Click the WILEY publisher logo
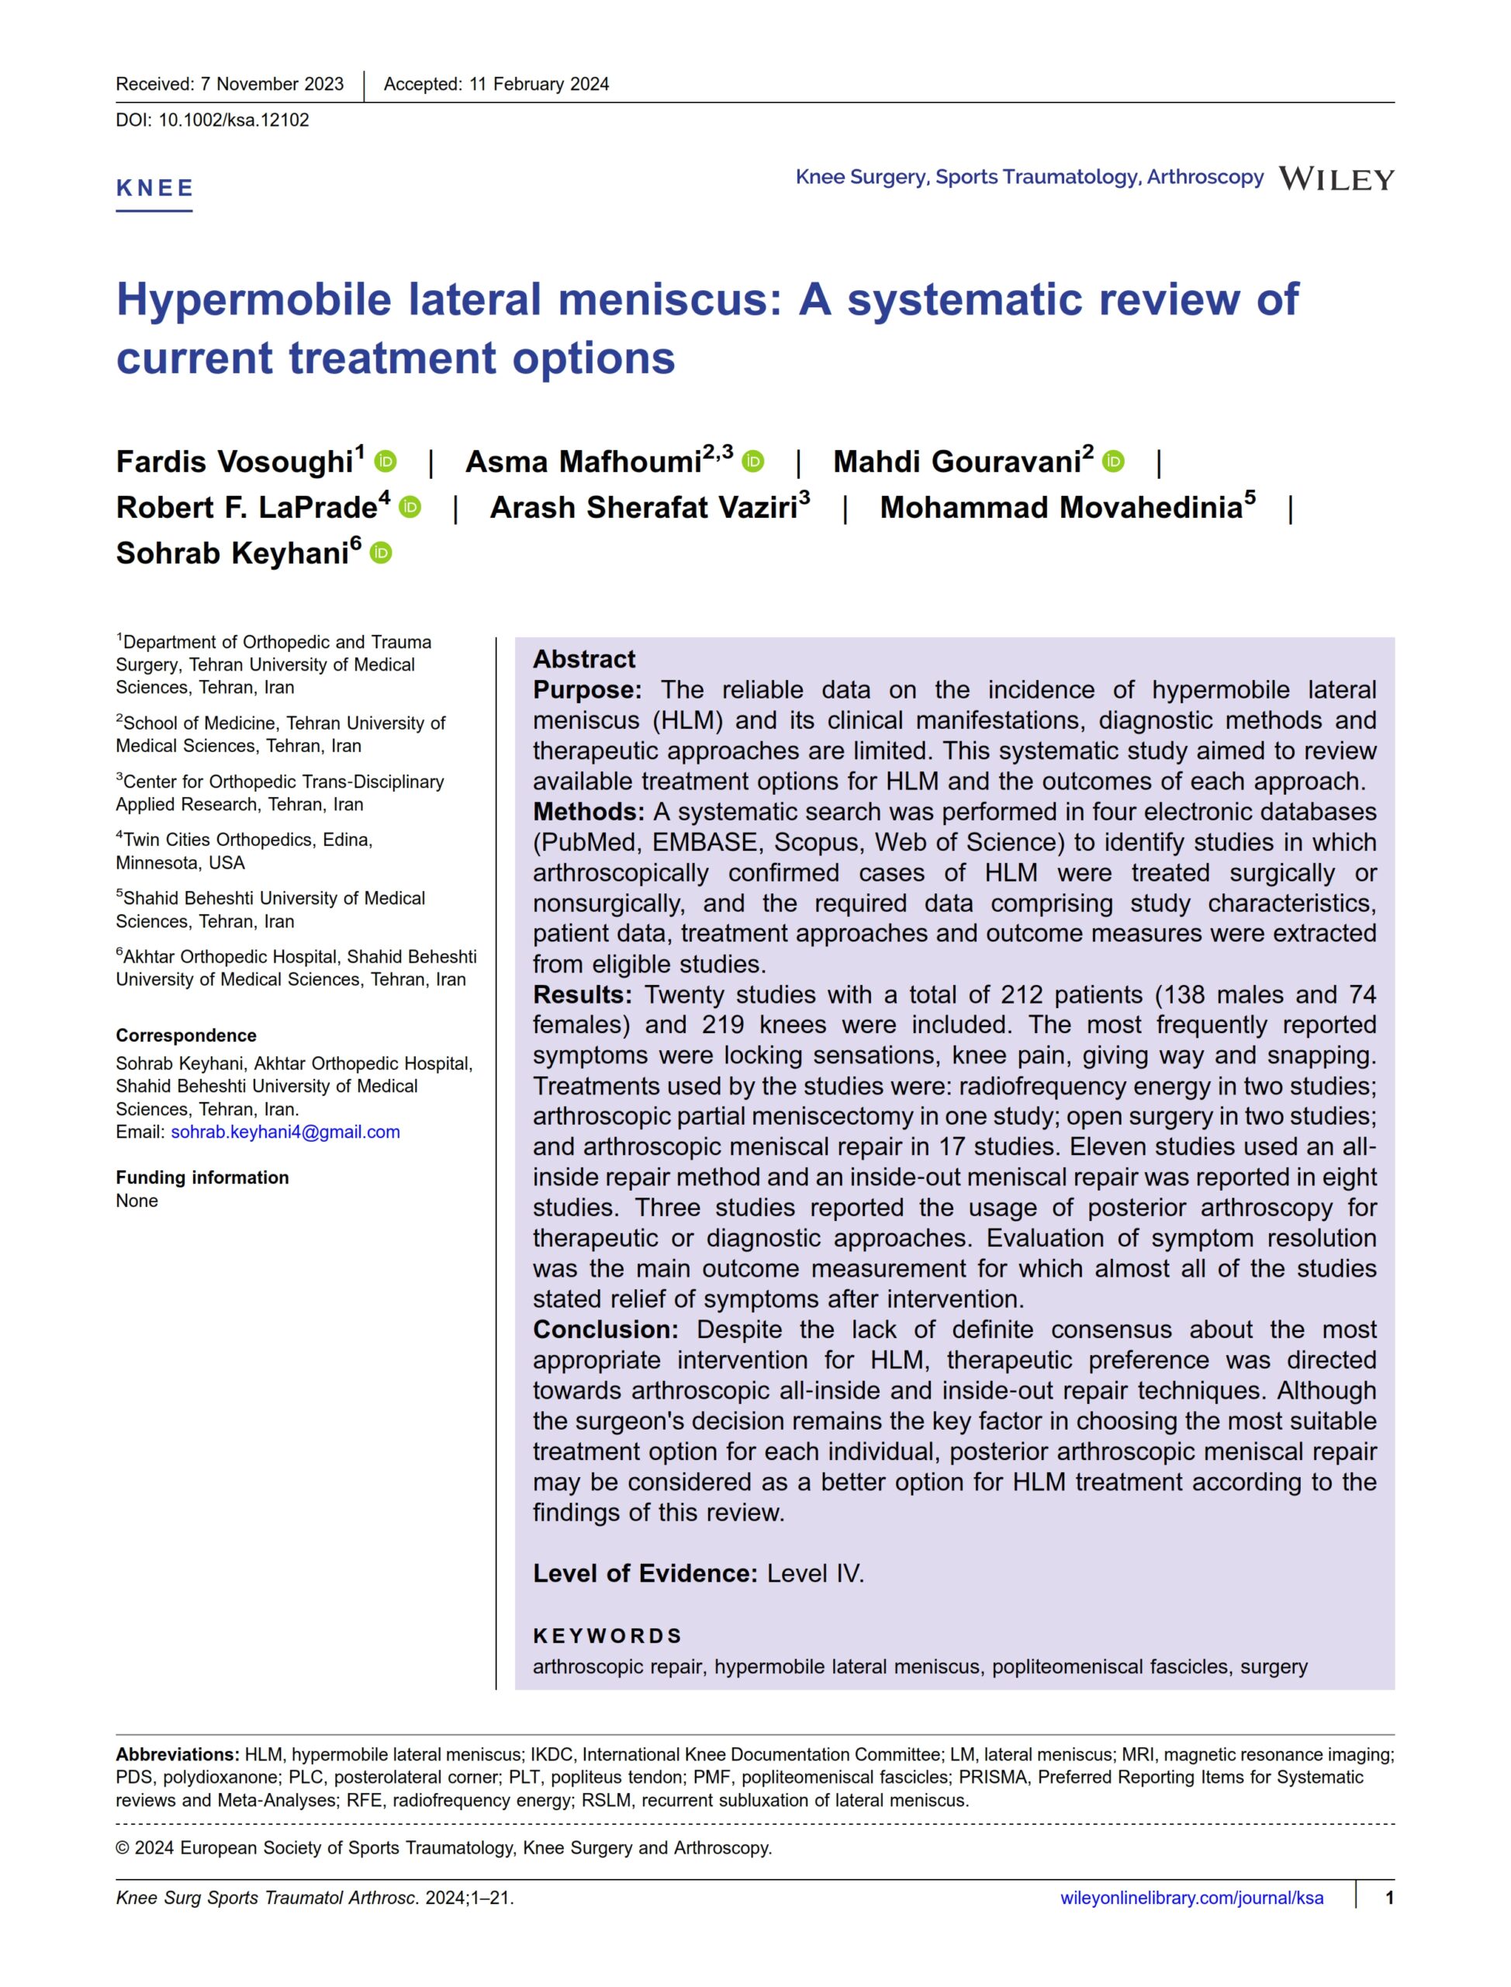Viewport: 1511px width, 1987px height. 1336,179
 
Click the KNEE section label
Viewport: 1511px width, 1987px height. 154,188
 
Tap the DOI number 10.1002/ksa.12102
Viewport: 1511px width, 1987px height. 233,120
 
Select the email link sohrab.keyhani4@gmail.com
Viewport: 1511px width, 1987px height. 285,1132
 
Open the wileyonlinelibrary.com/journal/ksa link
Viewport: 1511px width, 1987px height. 1191,1898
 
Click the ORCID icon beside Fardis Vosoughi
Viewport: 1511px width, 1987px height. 386,462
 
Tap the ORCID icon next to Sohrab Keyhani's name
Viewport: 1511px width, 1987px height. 382,553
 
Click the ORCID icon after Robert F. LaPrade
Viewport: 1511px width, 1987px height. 410,508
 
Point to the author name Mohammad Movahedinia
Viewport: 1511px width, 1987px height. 1061,508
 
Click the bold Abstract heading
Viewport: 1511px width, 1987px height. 584,659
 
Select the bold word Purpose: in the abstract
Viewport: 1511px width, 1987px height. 587,690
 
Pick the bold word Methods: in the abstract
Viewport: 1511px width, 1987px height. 588,812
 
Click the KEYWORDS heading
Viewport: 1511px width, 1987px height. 607,1636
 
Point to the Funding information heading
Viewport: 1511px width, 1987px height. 202,1177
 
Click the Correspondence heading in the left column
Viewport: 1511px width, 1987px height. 186,1035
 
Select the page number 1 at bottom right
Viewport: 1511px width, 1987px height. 1389,1898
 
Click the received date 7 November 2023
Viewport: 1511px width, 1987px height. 271,85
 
